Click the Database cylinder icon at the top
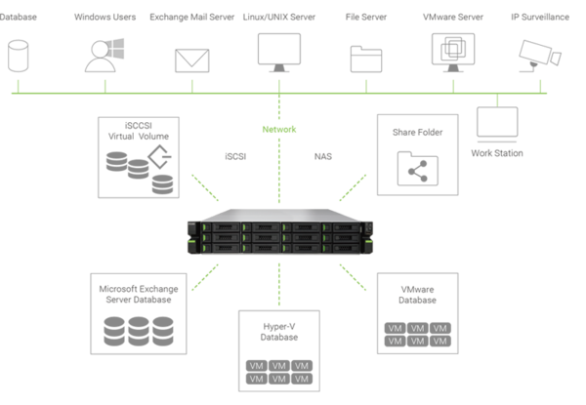[x=18, y=56]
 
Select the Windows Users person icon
[x=104, y=56]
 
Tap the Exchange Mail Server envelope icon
[x=192, y=61]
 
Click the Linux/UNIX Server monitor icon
[x=279, y=53]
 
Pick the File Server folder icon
[x=366, y=59]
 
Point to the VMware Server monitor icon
[x=453, y=53]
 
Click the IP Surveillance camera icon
[x=540, y=56]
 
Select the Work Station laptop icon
[x=497, y=124]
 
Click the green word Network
[x=279, y=130]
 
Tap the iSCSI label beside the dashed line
[x=235, y=156]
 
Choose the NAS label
[x=323, y=156]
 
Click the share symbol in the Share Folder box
[x=418, y=172]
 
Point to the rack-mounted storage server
[x=280, y=231]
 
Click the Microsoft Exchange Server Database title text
[x=139, y=294]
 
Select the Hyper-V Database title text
[x=279, y=332]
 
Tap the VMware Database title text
[x=417, y=295]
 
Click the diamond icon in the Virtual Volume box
[x=159, y=157]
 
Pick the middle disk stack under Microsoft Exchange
[x=139, y=331]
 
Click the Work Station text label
[x=497, y=153]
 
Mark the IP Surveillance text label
[x=540, y=17]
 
